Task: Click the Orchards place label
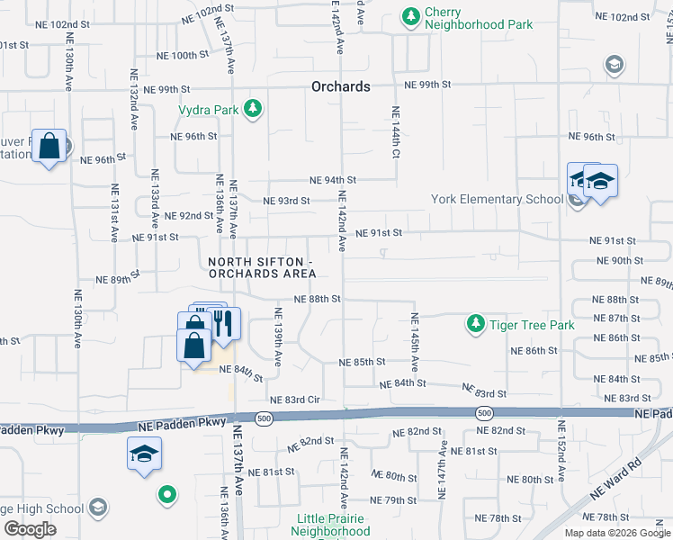point(341,87)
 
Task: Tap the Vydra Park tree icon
point(254,109)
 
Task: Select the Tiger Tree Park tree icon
point(474,323)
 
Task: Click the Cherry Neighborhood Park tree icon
point(411,16)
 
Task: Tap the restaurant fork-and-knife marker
point(222,324)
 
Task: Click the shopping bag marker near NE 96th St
point(50,147)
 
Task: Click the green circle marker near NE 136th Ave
point(166,493)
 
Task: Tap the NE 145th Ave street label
point(415,342)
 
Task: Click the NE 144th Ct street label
point(395,132)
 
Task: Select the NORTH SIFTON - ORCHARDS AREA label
point(262,267)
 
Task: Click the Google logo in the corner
point(30,529)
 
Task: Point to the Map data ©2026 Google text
point(616,533)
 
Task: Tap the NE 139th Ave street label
point(278,336)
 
